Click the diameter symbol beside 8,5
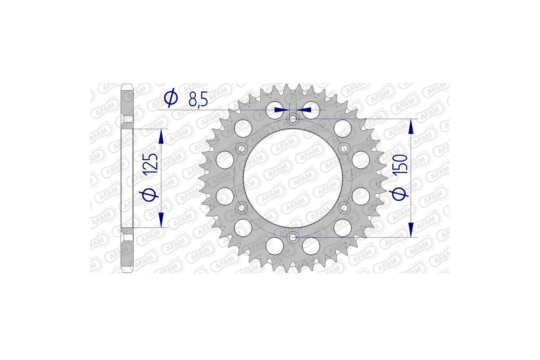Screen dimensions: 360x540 [171, 98]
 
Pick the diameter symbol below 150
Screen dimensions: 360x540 [401, 193]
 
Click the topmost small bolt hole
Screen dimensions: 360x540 [293, 119]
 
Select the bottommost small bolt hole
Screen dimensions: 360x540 [293, 237]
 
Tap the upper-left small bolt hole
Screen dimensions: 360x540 [242, 148]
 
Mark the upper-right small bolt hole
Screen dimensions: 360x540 [344, 148]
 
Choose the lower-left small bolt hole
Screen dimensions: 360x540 [242, 207]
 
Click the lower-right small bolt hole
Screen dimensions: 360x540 [344, 207]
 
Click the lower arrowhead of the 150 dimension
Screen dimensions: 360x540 [410, 229]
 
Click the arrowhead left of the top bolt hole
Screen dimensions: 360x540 [281, 109]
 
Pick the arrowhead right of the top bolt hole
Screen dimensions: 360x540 [306, 109]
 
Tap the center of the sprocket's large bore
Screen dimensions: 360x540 [293, 178]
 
